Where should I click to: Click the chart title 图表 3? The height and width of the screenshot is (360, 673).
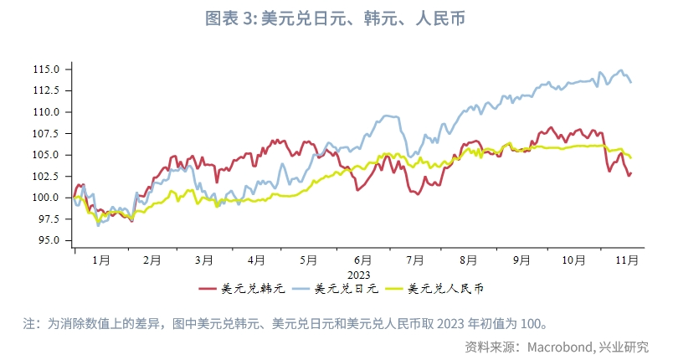[x=336, y=18]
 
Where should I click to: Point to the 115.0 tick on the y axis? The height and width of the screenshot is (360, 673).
[x=47, y=69]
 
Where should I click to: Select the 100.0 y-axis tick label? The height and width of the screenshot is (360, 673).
[x=47, y=198]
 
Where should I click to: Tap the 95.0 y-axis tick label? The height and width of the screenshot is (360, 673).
[x=49, y=240]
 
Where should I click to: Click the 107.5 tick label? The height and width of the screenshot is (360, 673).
[x=47, y=133]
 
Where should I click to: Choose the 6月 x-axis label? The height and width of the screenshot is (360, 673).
[x=362, y=260]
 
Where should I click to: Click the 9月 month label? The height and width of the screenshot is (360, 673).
[x=521, y=260]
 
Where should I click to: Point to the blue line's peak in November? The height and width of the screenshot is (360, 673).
[x=620, y=70]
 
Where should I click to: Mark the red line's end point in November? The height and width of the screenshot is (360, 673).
[x=630, y=173]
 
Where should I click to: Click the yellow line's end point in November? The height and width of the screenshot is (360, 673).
[x=630, y=157]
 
